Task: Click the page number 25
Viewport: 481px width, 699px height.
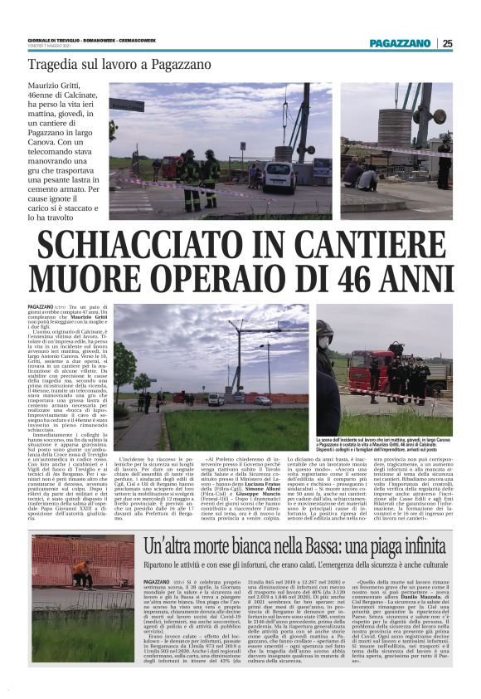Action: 448,43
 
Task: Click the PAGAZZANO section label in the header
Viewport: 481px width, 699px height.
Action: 401,43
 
